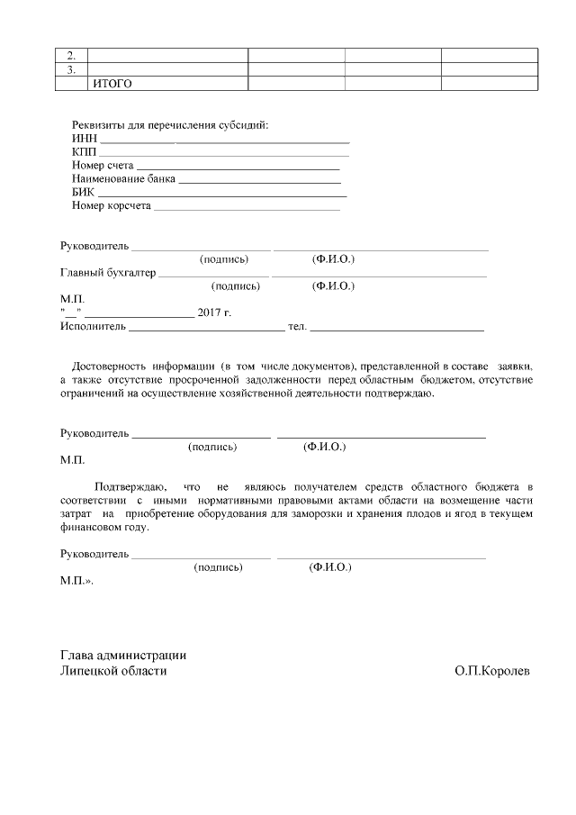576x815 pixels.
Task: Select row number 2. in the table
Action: pos(71,55)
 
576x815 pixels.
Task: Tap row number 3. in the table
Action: pos(71,69)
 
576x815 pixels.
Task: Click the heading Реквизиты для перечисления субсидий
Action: pos(170,125)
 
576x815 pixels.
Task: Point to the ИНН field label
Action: pos(84,140)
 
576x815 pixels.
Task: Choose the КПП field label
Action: pos(84,153)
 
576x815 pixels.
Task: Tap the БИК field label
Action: pos(82,193)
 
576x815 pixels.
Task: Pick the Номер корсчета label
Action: pos(112,206)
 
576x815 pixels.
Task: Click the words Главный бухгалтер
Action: pos(108,273)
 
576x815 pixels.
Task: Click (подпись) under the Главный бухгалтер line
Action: pos(235,286)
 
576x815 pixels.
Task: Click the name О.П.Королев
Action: pos(493,672)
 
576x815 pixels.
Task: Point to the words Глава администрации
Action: pos(123,656)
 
